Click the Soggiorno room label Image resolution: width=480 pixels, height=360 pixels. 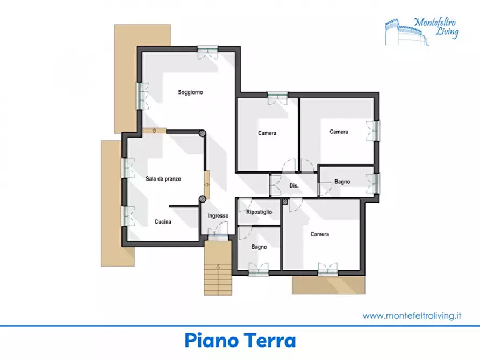[x=190, y=92]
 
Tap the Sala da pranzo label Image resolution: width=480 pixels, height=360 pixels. [x=163, y=179]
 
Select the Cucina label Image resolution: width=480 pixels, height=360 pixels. [x=163, y=221]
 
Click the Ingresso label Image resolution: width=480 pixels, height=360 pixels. [x=218, y=216]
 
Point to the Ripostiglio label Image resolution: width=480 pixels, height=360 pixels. [x=259, y=212]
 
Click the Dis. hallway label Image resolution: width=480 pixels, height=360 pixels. [x=293, y=186]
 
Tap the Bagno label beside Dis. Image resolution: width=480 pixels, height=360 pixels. [x=342, y=182]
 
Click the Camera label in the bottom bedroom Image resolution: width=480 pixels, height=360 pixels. [x=319, y=234]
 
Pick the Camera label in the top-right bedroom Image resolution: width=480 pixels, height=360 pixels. [x=339, y=132]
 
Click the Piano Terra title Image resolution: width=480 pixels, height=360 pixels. [x=240, y=341]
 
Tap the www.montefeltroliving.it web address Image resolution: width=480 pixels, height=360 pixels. [x=412, y=316]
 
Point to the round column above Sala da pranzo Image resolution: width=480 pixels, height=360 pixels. [x=202, y=134]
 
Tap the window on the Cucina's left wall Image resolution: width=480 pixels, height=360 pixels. [x=128, y=217]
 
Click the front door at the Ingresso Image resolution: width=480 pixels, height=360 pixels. [x=218, y=236]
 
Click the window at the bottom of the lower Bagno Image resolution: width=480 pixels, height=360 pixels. [x=259, y=269]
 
